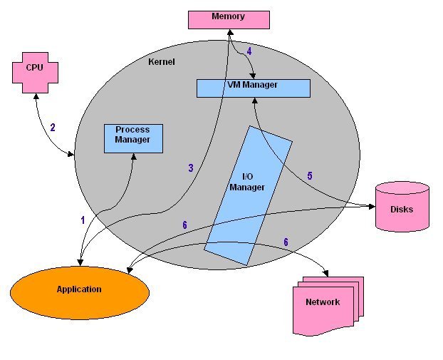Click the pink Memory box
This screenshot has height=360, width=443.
coord(229,19)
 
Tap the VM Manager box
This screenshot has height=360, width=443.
coord(253,88)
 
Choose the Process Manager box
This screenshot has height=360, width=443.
coord(132,138)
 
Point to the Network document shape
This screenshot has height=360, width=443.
coord(325,304)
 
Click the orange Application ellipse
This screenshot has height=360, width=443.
coord(79,289)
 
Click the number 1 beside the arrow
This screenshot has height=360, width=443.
coord(83,220)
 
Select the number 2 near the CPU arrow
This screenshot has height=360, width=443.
coord(52,128)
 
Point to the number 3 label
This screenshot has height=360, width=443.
coord(191,168)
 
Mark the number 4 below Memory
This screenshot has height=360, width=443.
coord(249,51)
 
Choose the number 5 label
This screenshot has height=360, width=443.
coord(309,175)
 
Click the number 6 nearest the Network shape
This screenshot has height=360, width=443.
coord(286,242)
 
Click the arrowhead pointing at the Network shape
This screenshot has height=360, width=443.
coord(326,274)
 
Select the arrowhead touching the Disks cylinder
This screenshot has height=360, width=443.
coord(372,207)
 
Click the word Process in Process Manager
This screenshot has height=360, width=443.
coord(132,130)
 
